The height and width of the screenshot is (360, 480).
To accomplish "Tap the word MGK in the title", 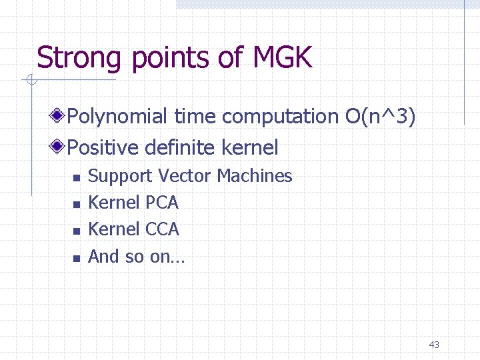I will (x=283, y=58).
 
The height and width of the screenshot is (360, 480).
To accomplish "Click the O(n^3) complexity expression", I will (x=381, y=117).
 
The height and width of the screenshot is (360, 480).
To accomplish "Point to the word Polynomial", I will (x=118, y=117).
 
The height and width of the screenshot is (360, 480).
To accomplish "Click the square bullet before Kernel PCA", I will (x=76, y=204).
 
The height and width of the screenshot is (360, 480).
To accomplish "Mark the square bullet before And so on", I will (x=76, y=257).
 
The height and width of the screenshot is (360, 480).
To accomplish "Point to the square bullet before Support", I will (x=76, y=177).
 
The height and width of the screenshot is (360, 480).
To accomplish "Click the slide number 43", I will (x=434, y=345).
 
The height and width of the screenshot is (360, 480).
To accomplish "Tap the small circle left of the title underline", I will (x=30, y=81).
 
